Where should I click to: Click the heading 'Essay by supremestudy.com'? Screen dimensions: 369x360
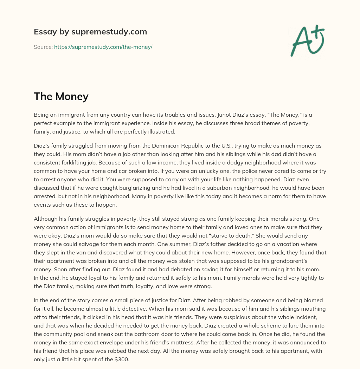point(90,32)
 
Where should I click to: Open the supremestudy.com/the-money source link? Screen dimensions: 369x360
point(103,47)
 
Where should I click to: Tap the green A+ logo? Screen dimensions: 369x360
point(307,40)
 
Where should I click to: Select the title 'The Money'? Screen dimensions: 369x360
point(61,96)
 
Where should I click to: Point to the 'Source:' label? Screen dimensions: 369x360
point(43,47)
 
